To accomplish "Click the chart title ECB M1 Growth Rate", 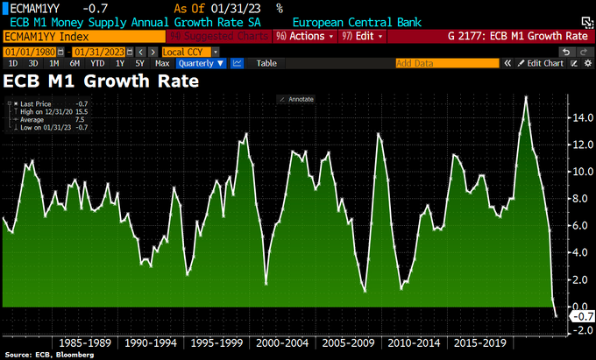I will [103, 81].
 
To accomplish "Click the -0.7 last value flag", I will [579, 316].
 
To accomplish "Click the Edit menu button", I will [365, 36].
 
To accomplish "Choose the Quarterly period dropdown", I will [201, 63].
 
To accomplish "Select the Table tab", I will [266, 63].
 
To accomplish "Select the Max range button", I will [162, 63].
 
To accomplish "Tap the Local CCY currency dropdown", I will [188, 52].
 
